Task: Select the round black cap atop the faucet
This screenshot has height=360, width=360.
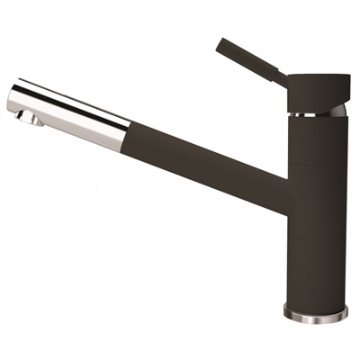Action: pos(317,94)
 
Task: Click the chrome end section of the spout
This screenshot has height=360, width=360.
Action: pos(67,107)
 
